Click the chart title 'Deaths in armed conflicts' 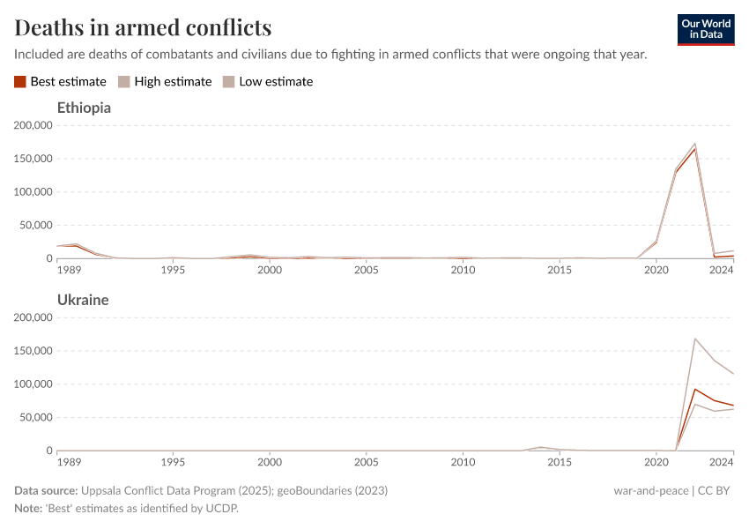pos(143,27)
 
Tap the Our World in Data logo pos(705,29)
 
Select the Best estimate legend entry pos(60,81)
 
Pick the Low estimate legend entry pos(268,81)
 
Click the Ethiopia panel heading pos(84,108)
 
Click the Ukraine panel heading pos(83,300)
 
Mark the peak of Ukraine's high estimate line pos(694,339)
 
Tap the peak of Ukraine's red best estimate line pos(694,389)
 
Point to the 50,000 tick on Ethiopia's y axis pos(34,225)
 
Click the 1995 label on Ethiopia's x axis pos(173,270)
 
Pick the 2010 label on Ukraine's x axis pos(463,462)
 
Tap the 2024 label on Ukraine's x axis pos(721,462)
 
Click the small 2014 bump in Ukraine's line pos(540,447)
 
